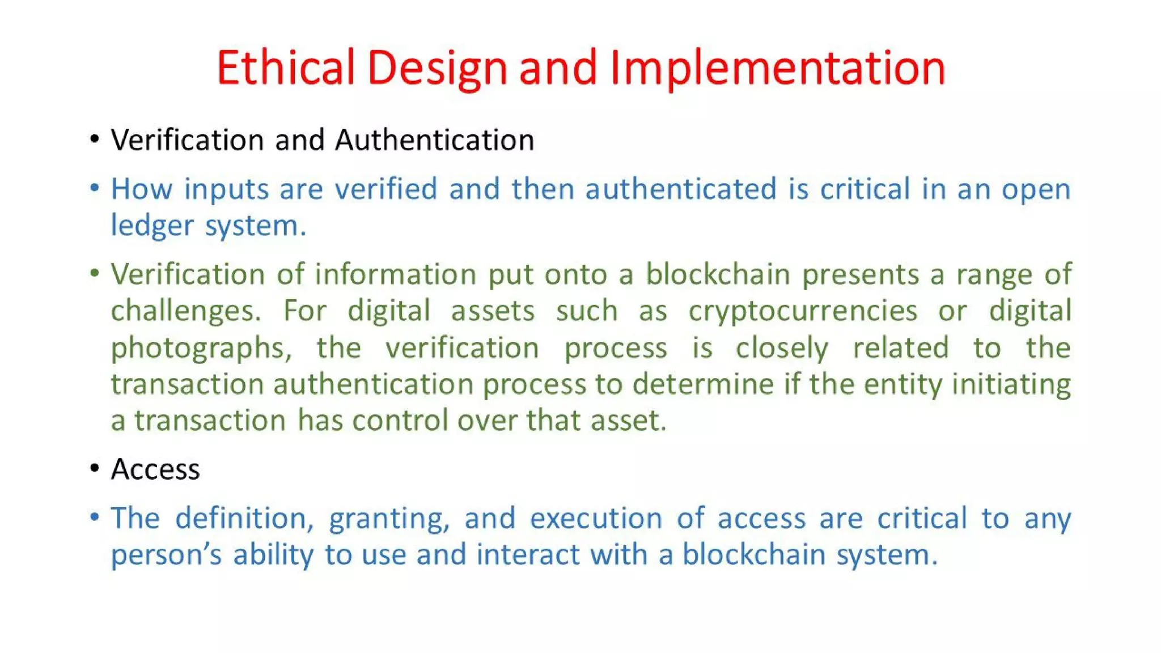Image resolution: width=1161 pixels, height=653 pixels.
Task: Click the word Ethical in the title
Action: click(x=285, y=67)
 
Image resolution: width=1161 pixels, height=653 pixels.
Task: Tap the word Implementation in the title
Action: click(x=778, y=67)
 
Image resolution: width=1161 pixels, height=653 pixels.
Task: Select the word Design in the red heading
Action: click(x=437, y=67)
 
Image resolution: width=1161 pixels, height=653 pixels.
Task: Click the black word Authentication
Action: click(x=434, y=140)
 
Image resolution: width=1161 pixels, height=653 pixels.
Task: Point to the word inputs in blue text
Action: click(x=226, y=189)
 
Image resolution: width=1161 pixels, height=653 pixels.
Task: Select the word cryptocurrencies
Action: click(x=803, y=311)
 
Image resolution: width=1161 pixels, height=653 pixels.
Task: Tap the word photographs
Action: click(x=201, y=348)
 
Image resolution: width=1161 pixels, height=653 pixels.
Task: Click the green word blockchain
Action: click(x=718, y=274)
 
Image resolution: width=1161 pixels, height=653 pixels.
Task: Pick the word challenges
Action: click(x=185, y=311)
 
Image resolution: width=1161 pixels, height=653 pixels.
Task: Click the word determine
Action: click(x=703, y=384)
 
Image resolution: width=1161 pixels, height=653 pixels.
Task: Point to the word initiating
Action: click(x=1011, y=384)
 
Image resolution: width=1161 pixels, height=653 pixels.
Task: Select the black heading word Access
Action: click(x=155, y=469)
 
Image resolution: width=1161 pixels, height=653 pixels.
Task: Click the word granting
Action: click(x=389, y=518)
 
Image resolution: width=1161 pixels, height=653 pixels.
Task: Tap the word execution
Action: click(x=596, y=518)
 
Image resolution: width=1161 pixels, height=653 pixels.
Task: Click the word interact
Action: click(x=528, y=554)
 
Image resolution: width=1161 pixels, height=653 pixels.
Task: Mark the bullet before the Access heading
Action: click(x=95, y=469)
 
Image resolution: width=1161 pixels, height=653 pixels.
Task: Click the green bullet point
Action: click(x=95, y=274)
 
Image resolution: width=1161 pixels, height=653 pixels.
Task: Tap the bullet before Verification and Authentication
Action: click(x=95, y=139)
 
